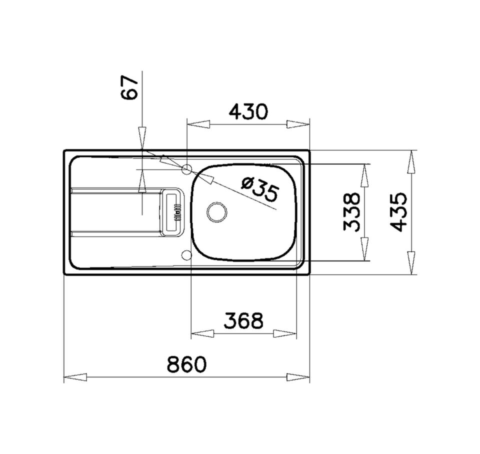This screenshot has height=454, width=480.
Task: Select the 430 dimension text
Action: [248, 111]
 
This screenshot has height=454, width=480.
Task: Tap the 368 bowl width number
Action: [243, 321]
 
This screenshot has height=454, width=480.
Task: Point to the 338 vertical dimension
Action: [353, 212]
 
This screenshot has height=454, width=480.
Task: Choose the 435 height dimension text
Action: [399, 212]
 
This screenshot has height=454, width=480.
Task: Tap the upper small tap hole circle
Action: [187, 170]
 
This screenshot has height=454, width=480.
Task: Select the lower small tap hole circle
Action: [187, 255]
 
